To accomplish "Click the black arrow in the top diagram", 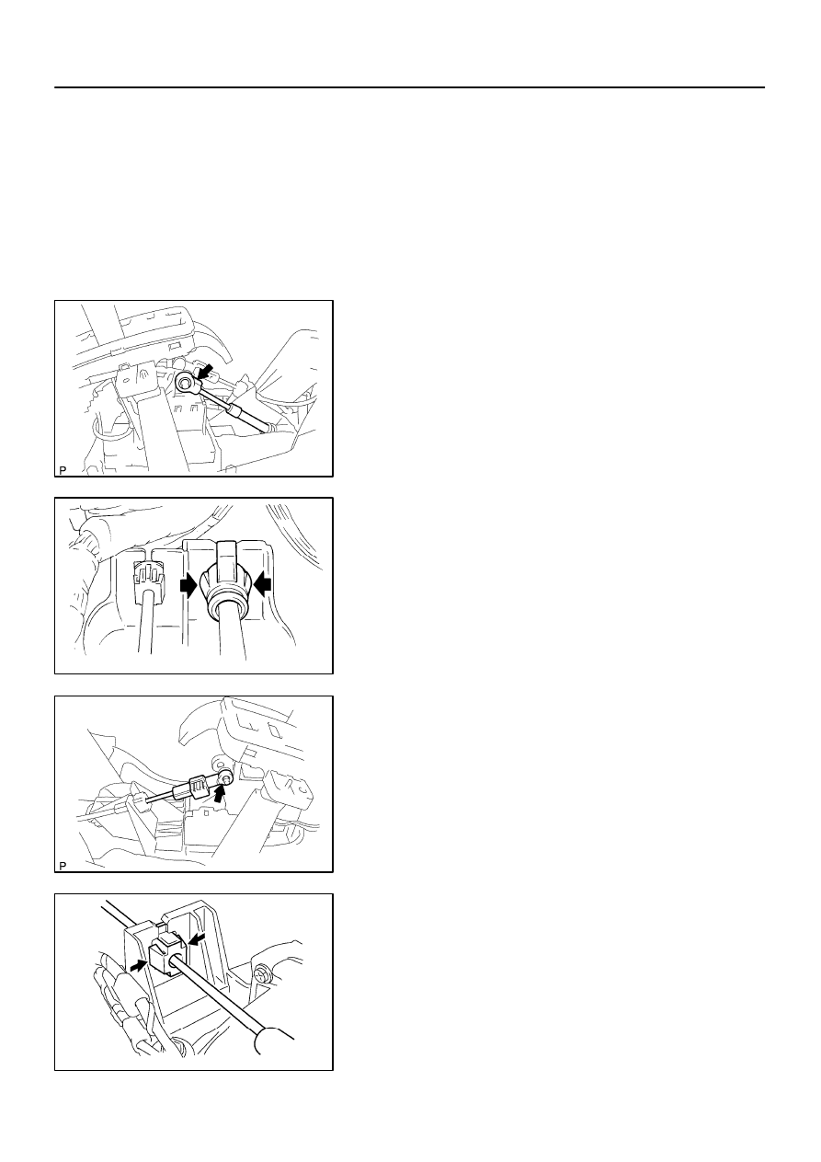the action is click(x=205, y=371).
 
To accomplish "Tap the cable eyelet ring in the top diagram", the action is click(x=185, y=384).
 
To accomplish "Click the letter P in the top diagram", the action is click(x=63, y=470).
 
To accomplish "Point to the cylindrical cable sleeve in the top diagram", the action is click(x=235, y=411).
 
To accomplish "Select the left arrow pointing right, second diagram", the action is click(x=189, y=585).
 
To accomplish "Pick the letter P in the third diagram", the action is click(x=63, y=866).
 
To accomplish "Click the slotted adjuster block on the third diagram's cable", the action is click(x=198, y=785).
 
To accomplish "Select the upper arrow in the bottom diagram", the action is click(x=198, y=938).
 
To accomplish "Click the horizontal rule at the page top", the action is click(x=409, y=87).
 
